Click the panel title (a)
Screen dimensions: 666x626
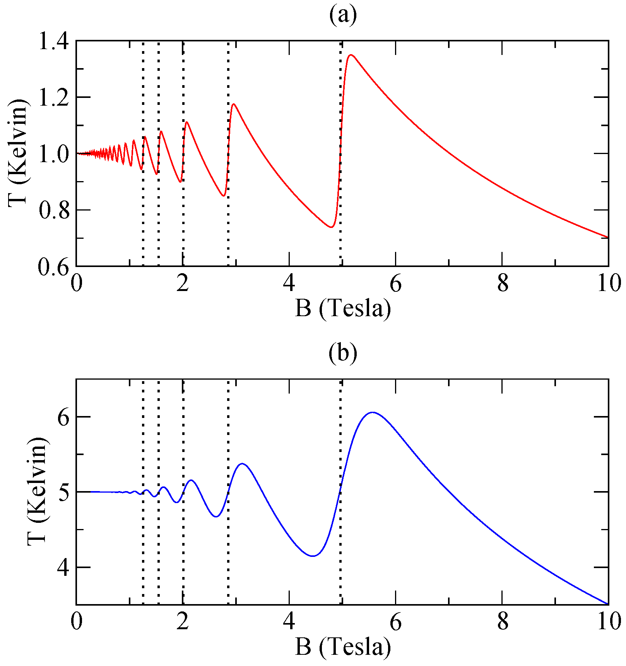tap(343, 15)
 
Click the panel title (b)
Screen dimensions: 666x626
tap(343, 353)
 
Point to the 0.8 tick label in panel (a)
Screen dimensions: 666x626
tap(53, 210)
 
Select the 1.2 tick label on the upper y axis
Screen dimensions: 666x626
tap(53, 98)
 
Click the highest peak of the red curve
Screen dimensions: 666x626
tap(351, 55)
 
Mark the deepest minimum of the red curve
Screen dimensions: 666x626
tap(331, 227)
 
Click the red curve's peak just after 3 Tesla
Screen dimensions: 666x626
tap(234, 104)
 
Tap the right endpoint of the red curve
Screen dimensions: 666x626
tap(607, 237)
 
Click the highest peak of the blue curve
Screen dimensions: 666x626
tap(372, 413)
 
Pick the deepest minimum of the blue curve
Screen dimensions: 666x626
tap(313, 556)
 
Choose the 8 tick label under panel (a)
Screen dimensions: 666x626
tap(502, 284)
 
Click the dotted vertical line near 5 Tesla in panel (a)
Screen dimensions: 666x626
tap(341, 155)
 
